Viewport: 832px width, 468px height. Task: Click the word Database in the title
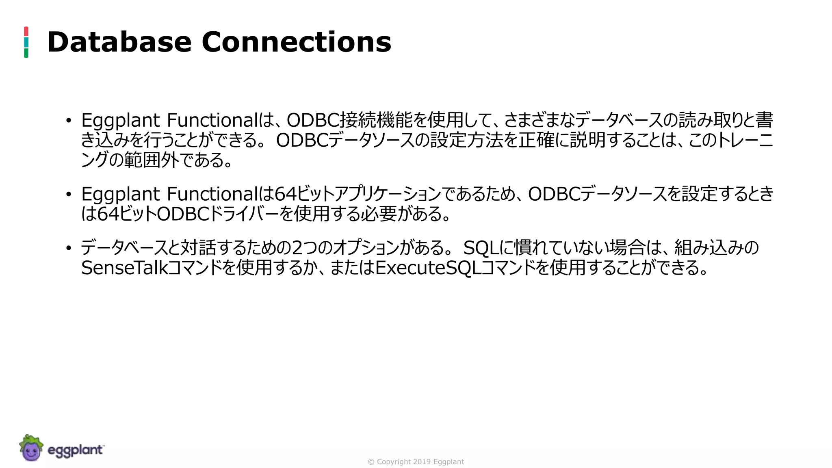[119, 42]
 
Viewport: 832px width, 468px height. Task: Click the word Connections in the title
[296, 42]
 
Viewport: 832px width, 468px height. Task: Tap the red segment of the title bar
[26, 31]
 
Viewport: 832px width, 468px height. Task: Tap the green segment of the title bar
[26, 53]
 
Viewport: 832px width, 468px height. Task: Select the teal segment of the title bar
[26, 42]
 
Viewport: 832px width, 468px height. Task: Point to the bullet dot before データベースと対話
[69, 248]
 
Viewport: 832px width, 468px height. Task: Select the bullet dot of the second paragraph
[69, 194]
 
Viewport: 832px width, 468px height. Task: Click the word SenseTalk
[124, 268]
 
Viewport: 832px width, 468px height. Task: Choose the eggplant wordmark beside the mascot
[76, 450]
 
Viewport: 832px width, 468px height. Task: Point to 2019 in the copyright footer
[422, 462]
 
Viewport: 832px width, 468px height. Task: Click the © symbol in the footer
[371, 462]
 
